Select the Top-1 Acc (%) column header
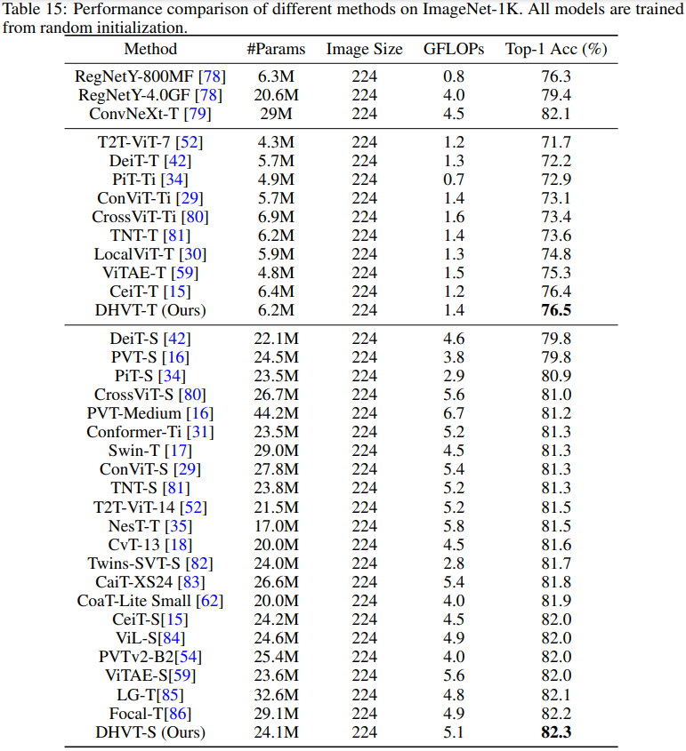pos(556,49)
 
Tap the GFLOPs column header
pos(454,49)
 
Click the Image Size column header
pos(364,49)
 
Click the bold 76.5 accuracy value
pos(556,310)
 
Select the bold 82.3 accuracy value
pos(556,732)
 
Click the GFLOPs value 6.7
pos(454,413)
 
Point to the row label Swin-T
pos(132,451)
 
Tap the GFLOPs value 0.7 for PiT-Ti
pos(454,180)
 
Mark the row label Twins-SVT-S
pos(131,563)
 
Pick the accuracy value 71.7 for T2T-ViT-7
pos(556,142)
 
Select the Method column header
pos(150,49)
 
